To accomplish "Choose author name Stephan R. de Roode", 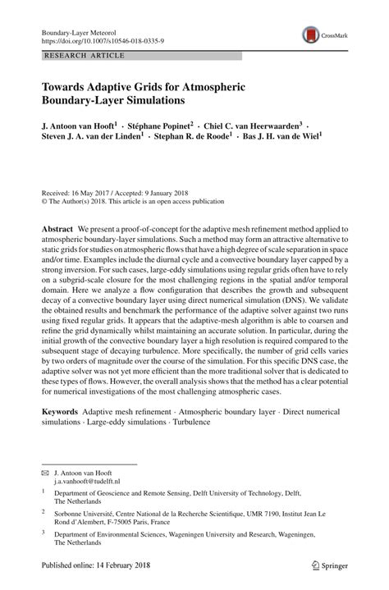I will (x=194, y=139).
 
